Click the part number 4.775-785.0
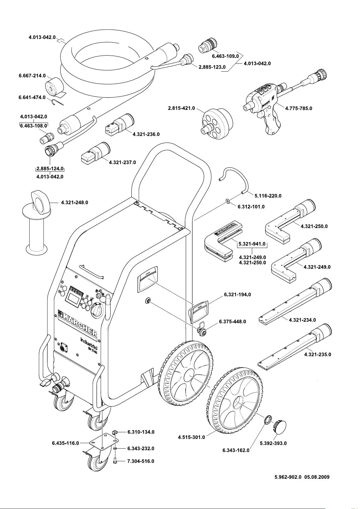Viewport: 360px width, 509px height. coord(298,108)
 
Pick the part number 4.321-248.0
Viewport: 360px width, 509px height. coord(74,202)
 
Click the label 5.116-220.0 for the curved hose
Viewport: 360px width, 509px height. coord(268,196)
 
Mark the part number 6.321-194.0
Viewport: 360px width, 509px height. coord(237,294)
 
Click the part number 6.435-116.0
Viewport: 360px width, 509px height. coord(65,443)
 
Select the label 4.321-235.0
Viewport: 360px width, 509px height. coord(317,354)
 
